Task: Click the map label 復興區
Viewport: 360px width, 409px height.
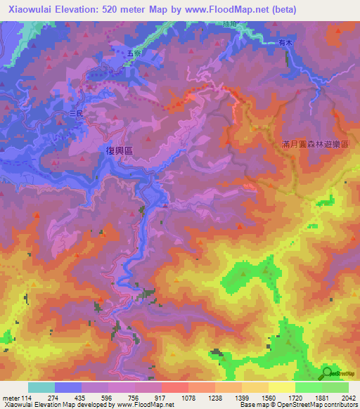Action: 119,150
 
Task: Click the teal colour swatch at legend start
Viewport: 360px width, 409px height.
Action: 41,387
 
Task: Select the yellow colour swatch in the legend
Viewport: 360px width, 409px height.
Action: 282,387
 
